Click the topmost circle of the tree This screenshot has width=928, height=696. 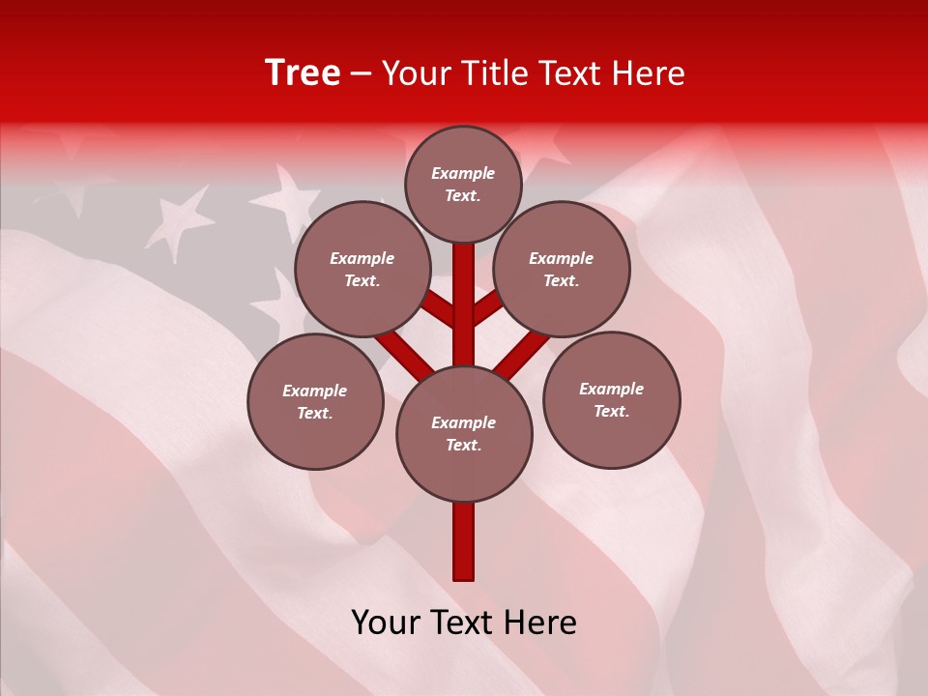click(x=463, y=184)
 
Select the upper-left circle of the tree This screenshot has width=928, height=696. click(x=362, y=269)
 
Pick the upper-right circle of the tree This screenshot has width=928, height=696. click(x=562, y=269)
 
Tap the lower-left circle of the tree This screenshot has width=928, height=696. click(x=315, y=401)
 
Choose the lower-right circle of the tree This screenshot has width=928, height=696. click(x=612, y=399)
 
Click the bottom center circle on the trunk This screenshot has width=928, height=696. click(x=464, y=433)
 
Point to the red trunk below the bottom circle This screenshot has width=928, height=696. click(x=464, y=541)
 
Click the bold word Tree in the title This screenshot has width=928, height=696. click(x=303, y=72)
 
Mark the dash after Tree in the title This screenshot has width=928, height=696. click(x=362, y=74)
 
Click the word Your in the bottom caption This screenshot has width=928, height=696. click(x=387, y=623)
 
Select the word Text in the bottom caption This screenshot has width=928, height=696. click(x=464, y=623)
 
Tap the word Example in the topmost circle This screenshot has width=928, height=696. click(x=463, y=174)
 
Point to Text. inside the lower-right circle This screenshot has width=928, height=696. click(x=612, y=411)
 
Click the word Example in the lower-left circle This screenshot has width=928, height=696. click(x=315, y=391)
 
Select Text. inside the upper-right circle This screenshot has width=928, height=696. click(x=562, y=280)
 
